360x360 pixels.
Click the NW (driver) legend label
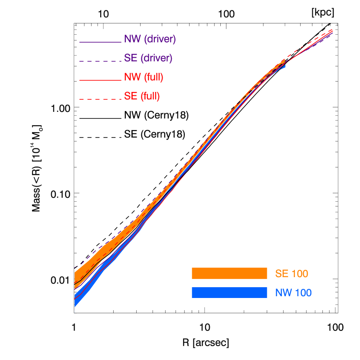150,39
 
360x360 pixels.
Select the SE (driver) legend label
148,58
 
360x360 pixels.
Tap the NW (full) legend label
144,77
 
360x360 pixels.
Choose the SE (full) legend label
142,96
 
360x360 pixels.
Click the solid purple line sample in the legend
100,42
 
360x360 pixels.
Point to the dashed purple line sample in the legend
100,61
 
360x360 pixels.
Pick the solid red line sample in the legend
100,80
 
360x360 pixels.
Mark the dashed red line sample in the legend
100,99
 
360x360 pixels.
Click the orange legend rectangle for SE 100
229,274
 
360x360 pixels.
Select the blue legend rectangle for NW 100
229,293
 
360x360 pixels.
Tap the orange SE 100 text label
291,274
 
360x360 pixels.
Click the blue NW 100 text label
293,293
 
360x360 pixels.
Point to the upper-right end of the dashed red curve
332,29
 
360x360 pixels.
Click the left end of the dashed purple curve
75,267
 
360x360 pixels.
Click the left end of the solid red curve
75,298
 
